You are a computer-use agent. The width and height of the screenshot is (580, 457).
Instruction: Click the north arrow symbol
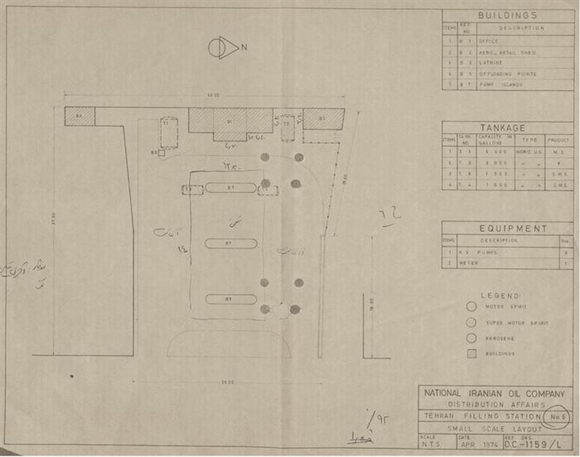(x=223, y=48)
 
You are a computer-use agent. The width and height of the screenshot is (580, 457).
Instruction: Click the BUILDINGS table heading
(x=507, y=16)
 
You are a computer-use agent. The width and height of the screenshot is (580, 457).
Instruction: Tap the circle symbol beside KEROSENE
(x=471, y=338)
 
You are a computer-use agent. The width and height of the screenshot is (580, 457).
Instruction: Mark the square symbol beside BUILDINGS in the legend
(x=471, y=354)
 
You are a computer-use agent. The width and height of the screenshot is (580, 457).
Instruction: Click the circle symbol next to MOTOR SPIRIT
(x=471, y=306)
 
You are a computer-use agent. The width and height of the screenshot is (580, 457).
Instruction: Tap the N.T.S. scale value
(x=431, y=444)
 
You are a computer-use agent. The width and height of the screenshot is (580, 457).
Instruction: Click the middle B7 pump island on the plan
(x=230, y=243)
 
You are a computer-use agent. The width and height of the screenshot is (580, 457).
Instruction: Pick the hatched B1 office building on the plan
(x=230, y=121)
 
